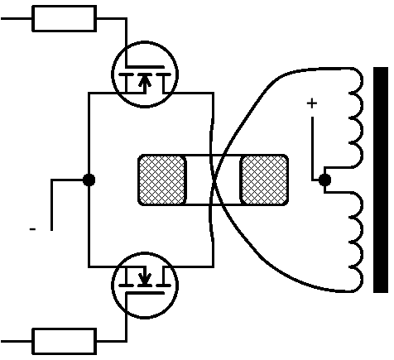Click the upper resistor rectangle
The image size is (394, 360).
click(65, 18)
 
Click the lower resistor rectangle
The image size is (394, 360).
click(65, 341)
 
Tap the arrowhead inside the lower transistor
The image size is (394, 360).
click(145, 279)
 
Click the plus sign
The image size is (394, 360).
click(312, 103)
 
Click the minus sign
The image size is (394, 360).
click(32, 229)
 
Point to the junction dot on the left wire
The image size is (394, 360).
click(89, 180)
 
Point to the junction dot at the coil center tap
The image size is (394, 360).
click(324, 180)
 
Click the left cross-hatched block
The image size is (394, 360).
click(162, 180)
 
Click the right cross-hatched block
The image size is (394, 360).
click(264, 180)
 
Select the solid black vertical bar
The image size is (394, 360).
click(381, 180)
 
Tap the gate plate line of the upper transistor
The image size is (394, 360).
click(145, 67)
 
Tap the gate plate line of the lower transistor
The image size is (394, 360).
click(145, 293)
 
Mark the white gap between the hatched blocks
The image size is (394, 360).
click(214, 180)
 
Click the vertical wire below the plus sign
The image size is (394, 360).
click(312, 148)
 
